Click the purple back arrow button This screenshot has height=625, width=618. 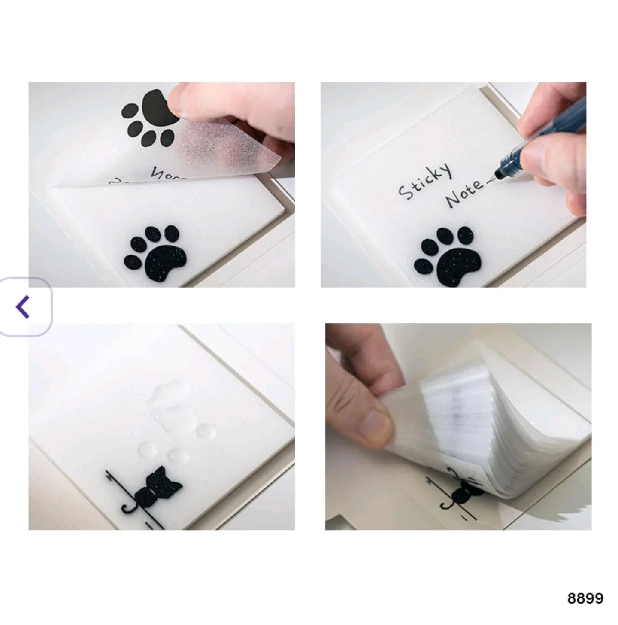coord(24,306)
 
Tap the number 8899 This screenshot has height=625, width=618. coord(585,598)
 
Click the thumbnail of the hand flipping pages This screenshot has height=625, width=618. coord(458,426)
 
